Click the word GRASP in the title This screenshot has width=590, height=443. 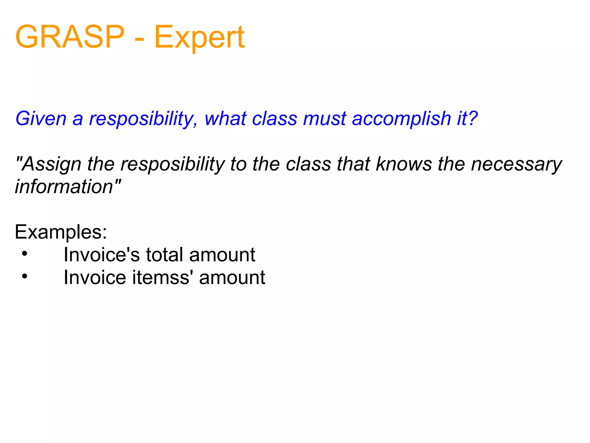pos(70,37)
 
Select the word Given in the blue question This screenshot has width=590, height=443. pos(41,119)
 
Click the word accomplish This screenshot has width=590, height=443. pos(401,119)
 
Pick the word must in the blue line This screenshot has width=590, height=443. pos(324,119)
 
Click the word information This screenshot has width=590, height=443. pos(64,187)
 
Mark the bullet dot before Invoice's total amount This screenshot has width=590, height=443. pos(24,254)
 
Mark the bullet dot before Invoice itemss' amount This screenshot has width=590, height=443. pos(24,276)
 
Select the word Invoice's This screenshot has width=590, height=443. pos(102,255)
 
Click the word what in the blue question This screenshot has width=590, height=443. pos(226,119)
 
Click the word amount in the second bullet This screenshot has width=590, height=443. pos(232,277)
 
